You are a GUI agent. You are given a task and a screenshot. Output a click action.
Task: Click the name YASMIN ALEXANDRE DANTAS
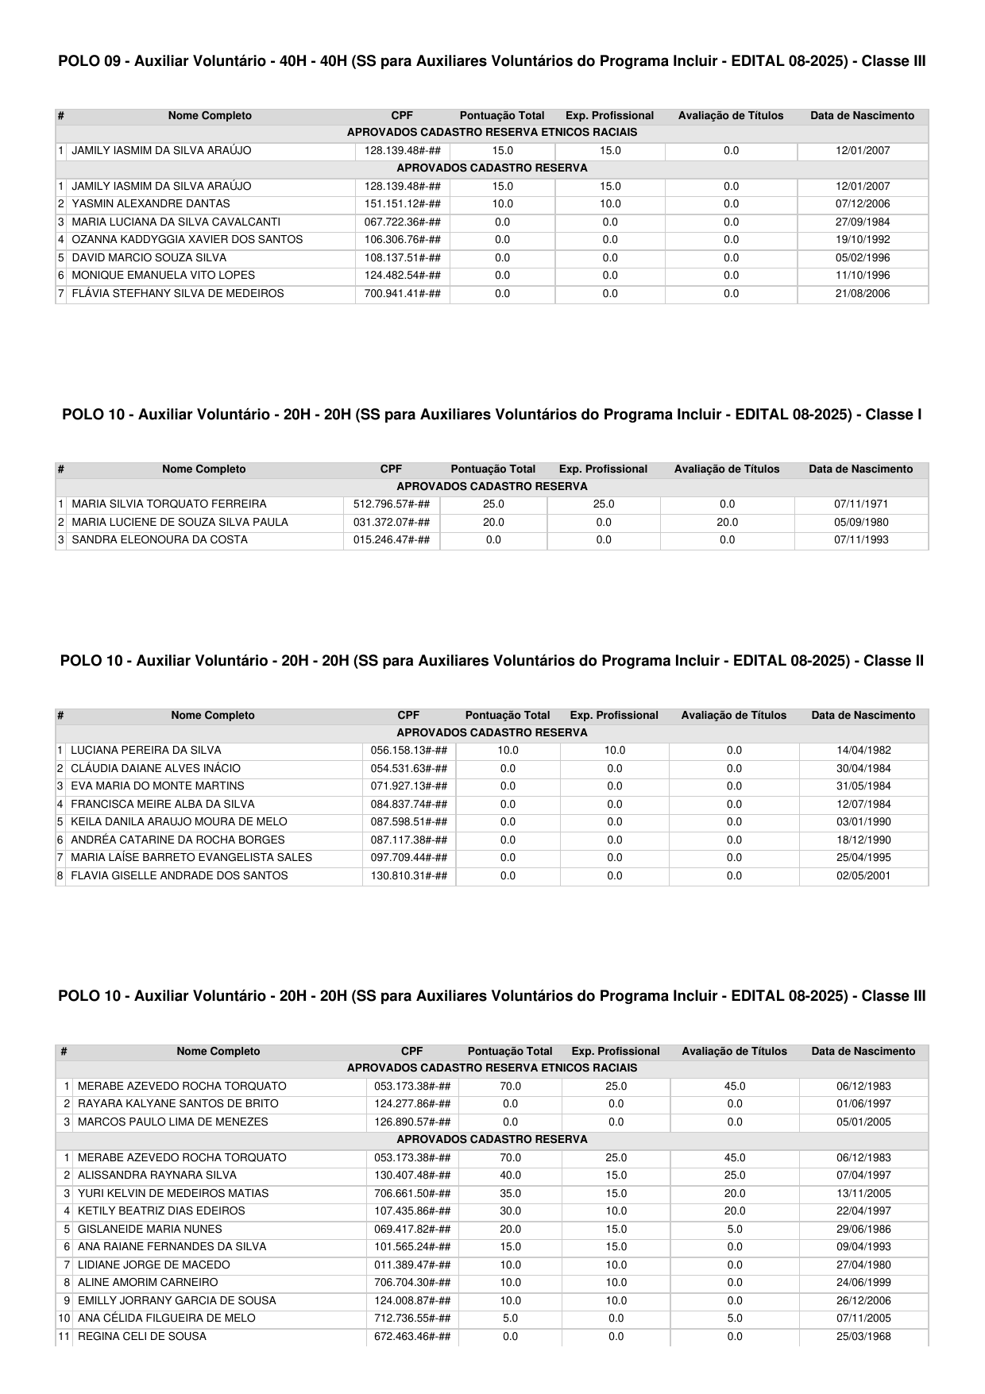pos(140,204)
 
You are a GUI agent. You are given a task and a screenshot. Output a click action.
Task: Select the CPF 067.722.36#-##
pos(402,222)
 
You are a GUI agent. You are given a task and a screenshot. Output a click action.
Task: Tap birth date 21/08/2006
pos(863,294)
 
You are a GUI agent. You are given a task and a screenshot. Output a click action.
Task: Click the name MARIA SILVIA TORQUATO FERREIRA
pos(169,504)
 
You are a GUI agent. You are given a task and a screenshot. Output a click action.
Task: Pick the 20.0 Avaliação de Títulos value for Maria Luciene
pos(727,523)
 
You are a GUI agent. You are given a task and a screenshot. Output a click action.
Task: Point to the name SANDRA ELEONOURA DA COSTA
pos(160,540)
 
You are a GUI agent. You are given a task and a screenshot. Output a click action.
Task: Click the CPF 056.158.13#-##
pos(409,751)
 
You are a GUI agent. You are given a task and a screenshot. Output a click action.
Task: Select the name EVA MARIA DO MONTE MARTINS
pos(157,786)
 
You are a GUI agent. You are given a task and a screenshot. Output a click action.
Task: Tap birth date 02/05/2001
pos(863,876)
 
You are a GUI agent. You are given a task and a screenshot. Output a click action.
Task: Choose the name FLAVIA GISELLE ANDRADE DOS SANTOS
pos(180,876)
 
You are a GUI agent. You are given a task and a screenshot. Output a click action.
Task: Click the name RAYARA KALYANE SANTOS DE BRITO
pos(178,1104)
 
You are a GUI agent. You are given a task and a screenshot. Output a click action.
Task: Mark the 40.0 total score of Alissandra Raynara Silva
pos(510,1176)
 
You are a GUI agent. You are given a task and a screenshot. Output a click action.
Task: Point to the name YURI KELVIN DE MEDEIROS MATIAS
pos(173,1193)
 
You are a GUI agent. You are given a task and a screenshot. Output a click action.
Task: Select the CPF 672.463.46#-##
pos(412,1337)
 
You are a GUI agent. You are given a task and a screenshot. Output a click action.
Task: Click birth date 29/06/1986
pos(863,1230)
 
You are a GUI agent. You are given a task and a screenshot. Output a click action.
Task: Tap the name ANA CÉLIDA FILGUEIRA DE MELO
pos(167,1319)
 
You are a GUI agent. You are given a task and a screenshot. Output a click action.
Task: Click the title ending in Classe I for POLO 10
pos(492,415)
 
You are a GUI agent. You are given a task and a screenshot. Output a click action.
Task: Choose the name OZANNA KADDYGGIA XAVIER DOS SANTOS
pos(187,240)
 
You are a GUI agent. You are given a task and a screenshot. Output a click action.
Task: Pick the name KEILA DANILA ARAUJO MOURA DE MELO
pos(179,822)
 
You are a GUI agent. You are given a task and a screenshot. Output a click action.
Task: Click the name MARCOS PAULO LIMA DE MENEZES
pos(173,1122)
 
